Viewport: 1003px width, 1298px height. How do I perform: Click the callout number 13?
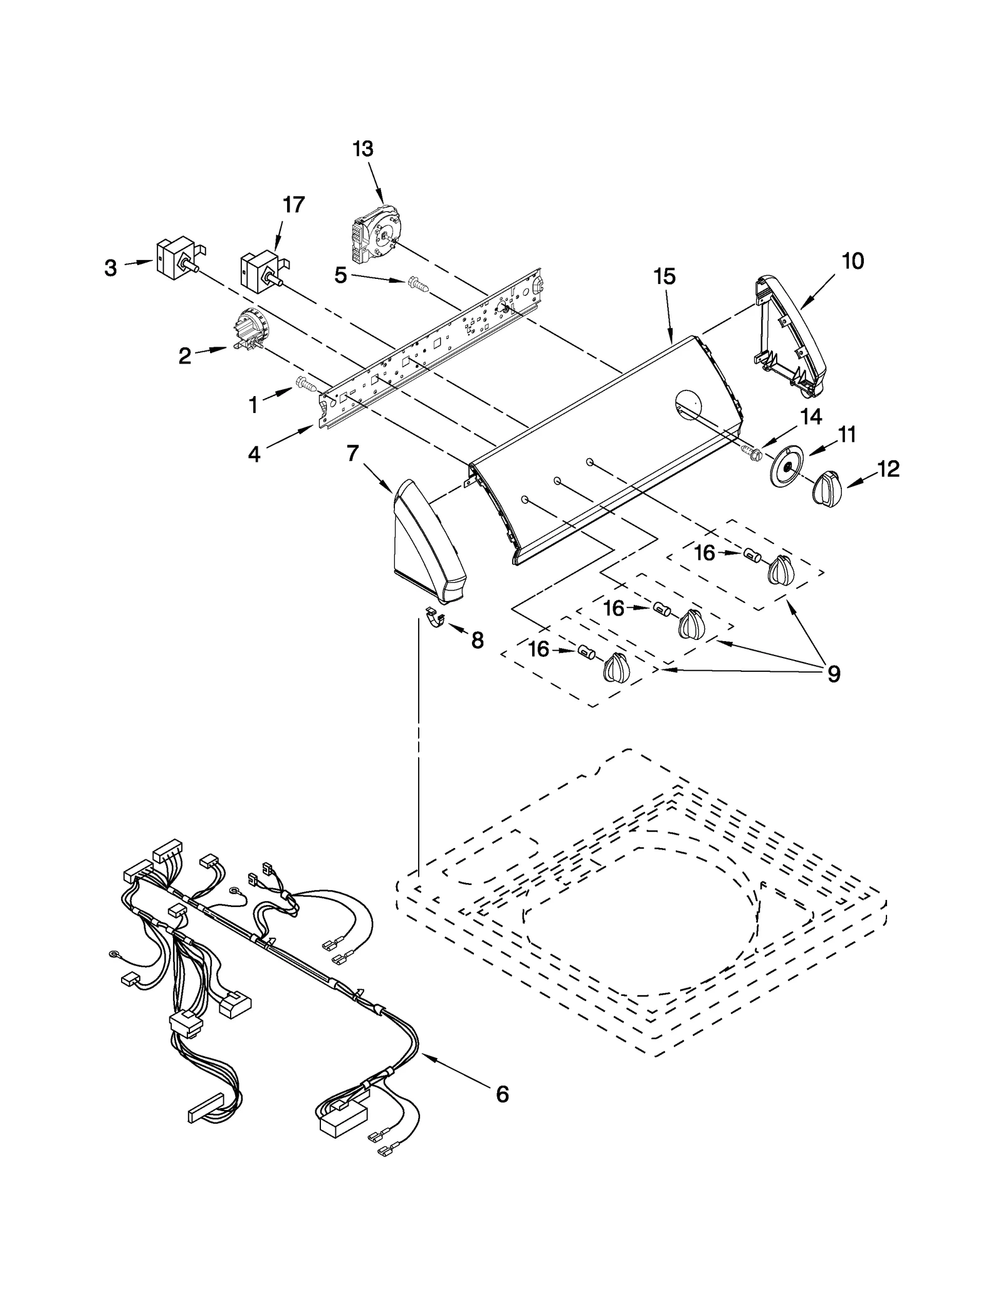click(x=363, y=149)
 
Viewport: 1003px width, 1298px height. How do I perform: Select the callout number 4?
click(x=253, y=454)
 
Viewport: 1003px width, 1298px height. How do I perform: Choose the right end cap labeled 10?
click(x=789, y=337)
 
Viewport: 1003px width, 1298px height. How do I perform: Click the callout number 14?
click(x=811, y=417)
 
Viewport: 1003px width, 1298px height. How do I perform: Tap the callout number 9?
click(x=833, y=674)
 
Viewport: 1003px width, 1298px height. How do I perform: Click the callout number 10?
click(x=853, y=261)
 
